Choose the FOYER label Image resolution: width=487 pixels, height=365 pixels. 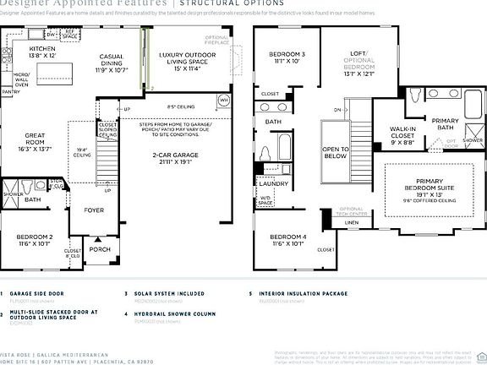pos(93,210)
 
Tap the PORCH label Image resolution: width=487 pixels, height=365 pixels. pos(100,248)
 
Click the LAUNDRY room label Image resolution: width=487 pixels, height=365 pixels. pos(274,183)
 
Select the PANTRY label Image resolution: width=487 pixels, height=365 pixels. pos(11,90)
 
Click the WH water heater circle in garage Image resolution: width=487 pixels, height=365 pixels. pos(224,100)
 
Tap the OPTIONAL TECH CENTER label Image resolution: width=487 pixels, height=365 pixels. pos(352,211)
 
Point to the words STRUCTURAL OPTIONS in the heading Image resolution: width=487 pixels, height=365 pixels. pos(236,3)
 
